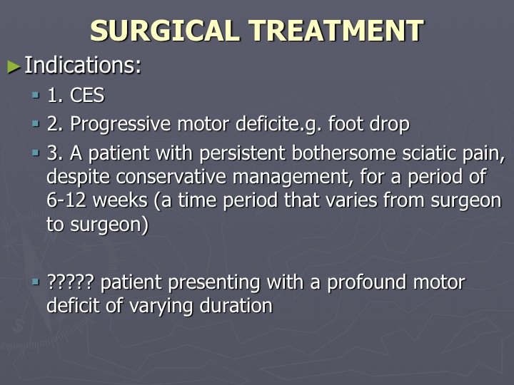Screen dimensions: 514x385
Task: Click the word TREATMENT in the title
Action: (x=336, y=31)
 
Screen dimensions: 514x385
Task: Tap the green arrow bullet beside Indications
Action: (x=14, y=66)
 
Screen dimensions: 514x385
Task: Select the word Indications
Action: (x=83, y=65)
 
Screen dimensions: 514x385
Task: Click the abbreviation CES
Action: (x=87, y=96)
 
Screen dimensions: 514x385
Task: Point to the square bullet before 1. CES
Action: (x=36, y=96)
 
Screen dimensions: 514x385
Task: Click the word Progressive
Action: (x=121, y=124)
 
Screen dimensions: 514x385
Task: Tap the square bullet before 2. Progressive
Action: (x=36, y=124)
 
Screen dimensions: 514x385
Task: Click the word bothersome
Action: (x=343, y=153)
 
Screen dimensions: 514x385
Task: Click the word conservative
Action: (x=171, y=177)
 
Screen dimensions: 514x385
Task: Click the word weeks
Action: (x=121, y=200)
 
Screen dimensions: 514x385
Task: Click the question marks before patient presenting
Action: (x=71, y=282)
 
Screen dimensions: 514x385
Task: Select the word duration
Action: (x=236, y=306)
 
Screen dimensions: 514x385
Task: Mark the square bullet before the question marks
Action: (x=36, y=282)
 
